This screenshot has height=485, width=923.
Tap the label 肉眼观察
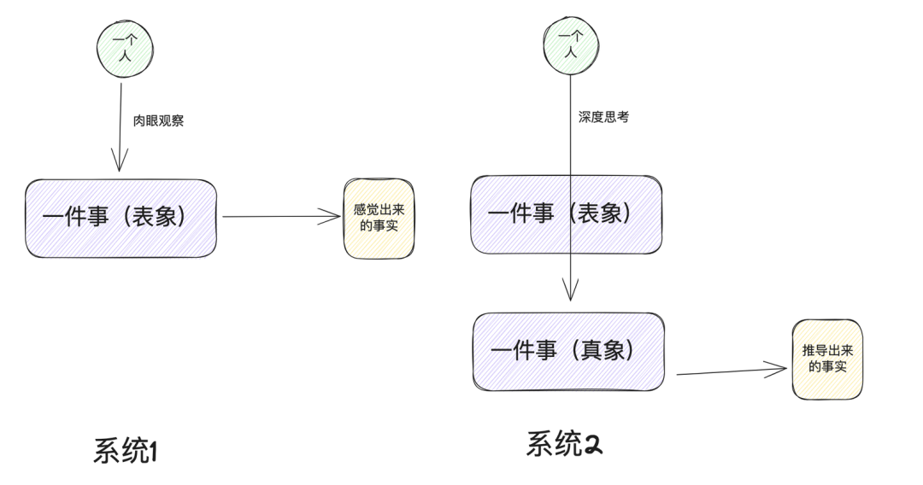[x=158, y=121]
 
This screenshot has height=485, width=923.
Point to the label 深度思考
[x=603, y=117]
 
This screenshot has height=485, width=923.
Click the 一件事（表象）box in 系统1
[x=121, y=218]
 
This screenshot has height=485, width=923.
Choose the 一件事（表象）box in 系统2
[x=566, y=214]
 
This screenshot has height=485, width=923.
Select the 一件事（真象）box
[x=568, y=351]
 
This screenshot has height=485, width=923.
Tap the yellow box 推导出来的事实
[x=826, y=359]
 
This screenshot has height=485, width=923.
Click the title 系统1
[x=126, y=451]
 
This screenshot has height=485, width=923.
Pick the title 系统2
[x=564, y=444]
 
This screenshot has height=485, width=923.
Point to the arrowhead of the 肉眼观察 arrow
[x=120, y=162]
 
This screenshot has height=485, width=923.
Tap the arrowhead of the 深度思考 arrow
[x=571, y=293]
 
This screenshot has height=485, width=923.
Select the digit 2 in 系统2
[x=592, y=445]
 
